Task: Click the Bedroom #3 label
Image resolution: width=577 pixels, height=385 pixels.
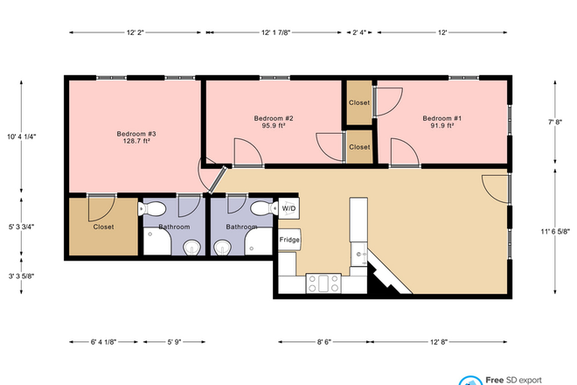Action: pyautogui.click(x=136, y=134)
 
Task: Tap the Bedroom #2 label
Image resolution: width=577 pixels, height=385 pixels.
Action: pyautogui.click(x=273, y=118)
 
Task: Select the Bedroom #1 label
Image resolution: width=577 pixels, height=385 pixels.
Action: pyautogui.click(x=441, y=118)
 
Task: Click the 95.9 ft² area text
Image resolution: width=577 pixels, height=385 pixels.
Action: pyautogui.click(x=273, y=126)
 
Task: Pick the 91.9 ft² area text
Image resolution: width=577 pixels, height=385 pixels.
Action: pyautogui.click(x=441, y=126)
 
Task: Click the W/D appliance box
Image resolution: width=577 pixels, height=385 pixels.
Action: pyautogui.click(x=288, y=208)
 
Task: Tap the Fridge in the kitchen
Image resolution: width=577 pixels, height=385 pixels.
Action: pyautogui.click(x=288, y=240)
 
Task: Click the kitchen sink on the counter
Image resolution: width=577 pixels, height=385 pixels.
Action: pyautogui.click(x=358, y=255)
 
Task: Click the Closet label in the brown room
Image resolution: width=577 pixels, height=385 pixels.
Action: pyautogui.click(x=104, y=227)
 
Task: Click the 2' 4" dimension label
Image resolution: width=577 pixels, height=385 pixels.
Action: pyautogui.click(x=359, y=32)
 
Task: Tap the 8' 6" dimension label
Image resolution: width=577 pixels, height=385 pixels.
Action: pyautogui.click(x=323, y=341)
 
